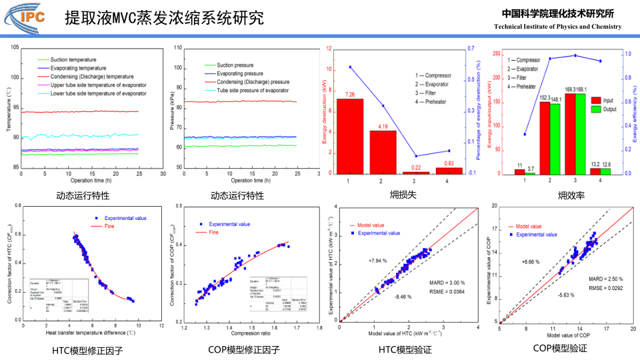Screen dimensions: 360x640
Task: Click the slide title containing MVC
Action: [164, 18]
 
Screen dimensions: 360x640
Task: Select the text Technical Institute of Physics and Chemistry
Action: [557, 27]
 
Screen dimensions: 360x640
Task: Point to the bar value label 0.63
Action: [448, 163]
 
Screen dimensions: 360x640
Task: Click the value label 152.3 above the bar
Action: [545, 98]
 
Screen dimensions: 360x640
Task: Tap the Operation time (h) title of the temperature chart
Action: [92, 181]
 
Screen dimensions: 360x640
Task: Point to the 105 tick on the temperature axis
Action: [15, 48]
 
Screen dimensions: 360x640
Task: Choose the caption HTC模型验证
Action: [405, 349]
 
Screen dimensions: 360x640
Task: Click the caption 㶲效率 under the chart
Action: [571, 196]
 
